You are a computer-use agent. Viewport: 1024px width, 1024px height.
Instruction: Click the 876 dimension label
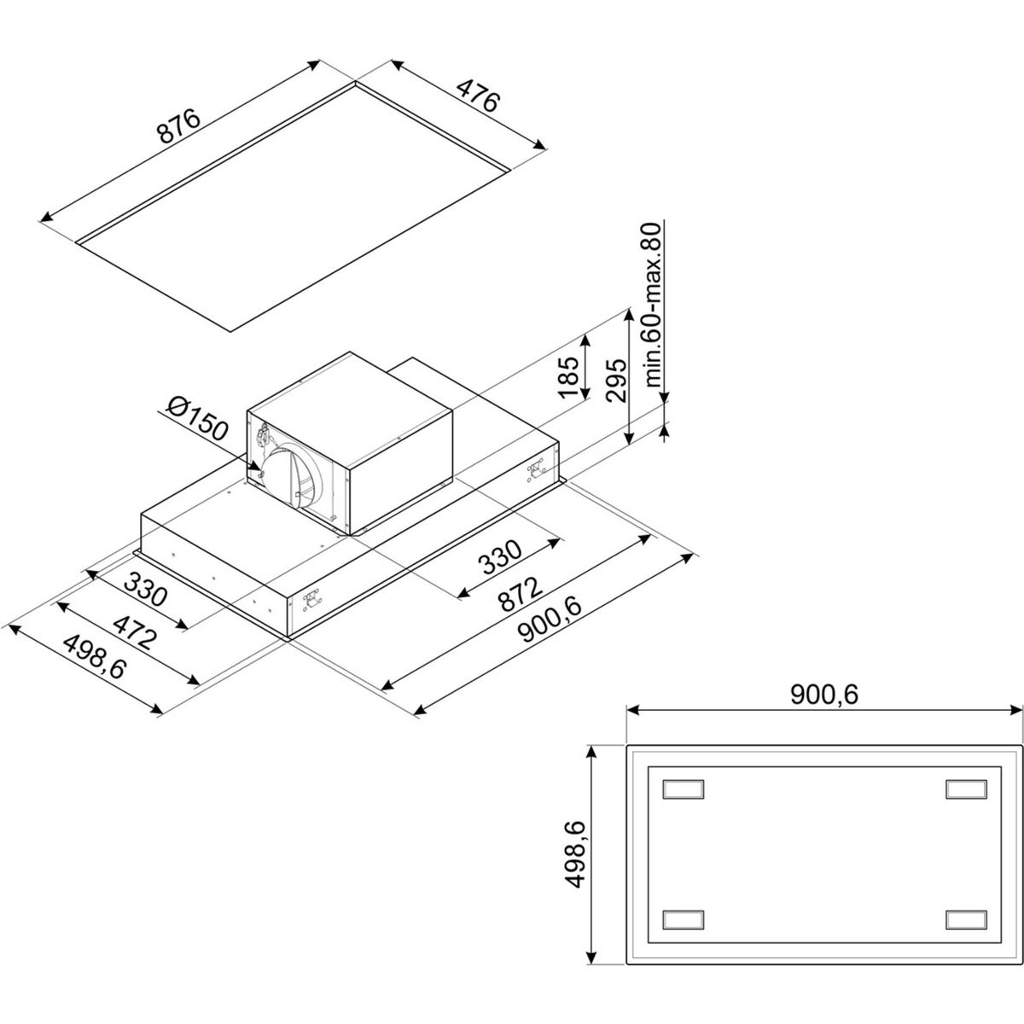pos(179,126)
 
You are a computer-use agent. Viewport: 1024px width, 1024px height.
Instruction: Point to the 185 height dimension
pos(568,377)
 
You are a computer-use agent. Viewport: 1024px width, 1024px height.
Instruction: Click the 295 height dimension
pos(616,380)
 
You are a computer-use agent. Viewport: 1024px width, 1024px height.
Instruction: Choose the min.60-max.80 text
pos(654,304)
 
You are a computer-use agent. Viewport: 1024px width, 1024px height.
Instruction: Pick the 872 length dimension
pos(521,594)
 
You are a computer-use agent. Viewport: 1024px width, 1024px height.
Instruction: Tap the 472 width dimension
pos(135,632)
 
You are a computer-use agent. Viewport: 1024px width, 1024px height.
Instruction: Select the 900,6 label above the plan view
pos(824,695)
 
